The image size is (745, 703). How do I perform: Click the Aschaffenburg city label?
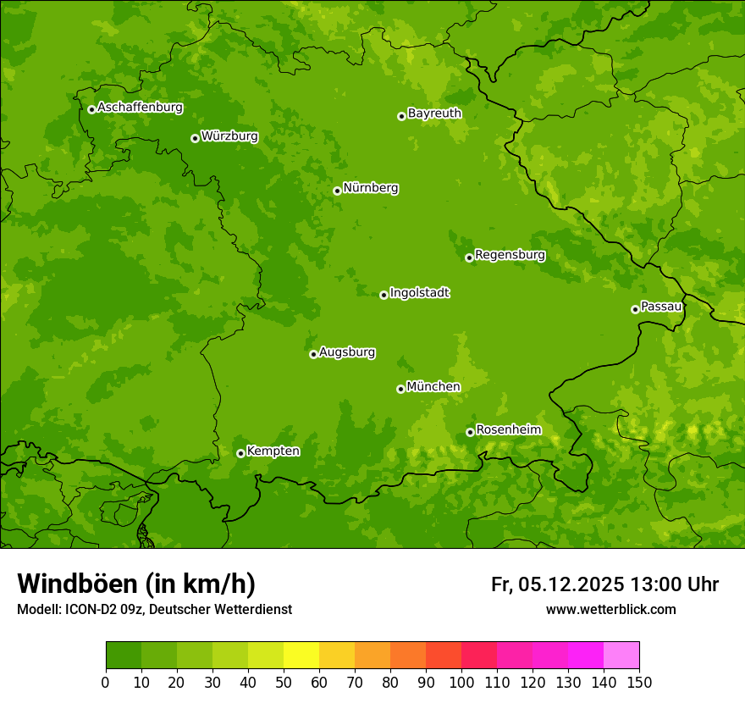click(x=140, y=108)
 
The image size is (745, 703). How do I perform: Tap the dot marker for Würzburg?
click(x=195, y=138)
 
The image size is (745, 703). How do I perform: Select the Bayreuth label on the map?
click(x=434, y=113)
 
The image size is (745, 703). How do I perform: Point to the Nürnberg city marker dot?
click(x=337, y=191)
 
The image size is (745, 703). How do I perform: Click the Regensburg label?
click(x=510, y=255)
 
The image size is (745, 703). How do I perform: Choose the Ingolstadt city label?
click(x=419, y=293)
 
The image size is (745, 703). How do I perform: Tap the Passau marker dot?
click(x=635, y=309)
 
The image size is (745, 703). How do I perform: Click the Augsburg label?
click(x=347, y=352)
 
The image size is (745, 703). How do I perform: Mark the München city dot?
click(x=400, y=389)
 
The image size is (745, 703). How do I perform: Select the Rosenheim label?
click(x=508, y=430)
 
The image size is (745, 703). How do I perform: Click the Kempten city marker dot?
click(x=240, y=453)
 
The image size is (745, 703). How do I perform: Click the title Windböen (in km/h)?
click(x=136, y=584)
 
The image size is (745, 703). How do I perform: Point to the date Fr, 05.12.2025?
click(x=557, y=584)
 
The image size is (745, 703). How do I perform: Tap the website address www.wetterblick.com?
click(x=610, y=610)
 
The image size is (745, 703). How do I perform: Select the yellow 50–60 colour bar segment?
click(x=301, y=655)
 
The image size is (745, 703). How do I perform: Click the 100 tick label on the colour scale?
click(x=461, y=682)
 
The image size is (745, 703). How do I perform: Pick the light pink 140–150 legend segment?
click(x=621, y=655)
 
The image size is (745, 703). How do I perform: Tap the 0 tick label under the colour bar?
click(x=106, y=682)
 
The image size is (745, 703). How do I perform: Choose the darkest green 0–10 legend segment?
click(x=124, y=655)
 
